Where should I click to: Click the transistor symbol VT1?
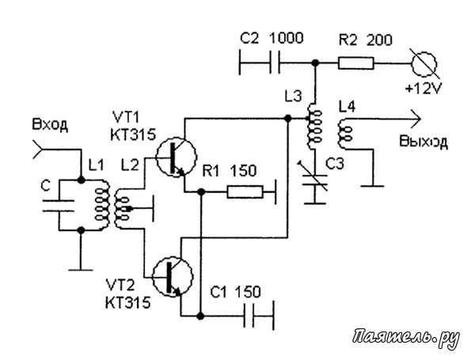176,157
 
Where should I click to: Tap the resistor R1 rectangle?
245,192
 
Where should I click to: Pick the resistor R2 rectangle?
356,63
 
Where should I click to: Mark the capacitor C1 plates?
249,316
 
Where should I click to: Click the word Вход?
50,124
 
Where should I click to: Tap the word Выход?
424,142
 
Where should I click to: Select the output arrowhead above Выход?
416,119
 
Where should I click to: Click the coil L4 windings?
344,134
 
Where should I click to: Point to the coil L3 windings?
314,127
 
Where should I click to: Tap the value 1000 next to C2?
286,38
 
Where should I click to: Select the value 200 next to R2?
379,40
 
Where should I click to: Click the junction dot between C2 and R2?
315,63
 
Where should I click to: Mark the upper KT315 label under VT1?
133,135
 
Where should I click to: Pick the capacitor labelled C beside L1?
59,205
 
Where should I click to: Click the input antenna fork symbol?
38,150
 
